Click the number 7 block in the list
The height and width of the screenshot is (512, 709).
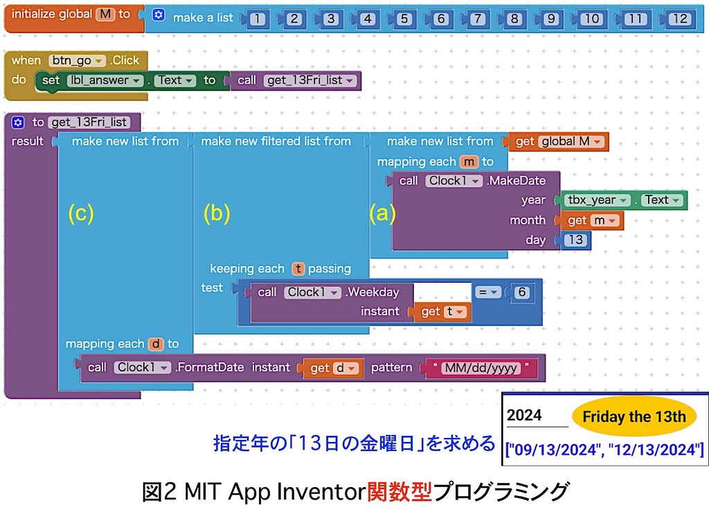[477, 19]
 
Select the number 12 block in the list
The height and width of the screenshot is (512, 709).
[679, 19]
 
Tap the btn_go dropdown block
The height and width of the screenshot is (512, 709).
[77, 60]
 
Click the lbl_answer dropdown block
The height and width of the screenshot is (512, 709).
[105, 80]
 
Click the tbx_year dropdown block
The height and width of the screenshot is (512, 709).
[595, 200]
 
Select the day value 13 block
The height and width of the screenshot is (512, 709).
[575, 240]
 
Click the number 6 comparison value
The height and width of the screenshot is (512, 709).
[522, 292]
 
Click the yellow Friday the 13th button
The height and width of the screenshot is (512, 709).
[634, 417]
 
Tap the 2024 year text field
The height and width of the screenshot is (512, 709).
[535, 416]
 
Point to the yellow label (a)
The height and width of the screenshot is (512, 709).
[382, 214]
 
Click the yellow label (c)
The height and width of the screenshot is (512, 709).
[80, 214]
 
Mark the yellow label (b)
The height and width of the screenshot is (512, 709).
[216, 214]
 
